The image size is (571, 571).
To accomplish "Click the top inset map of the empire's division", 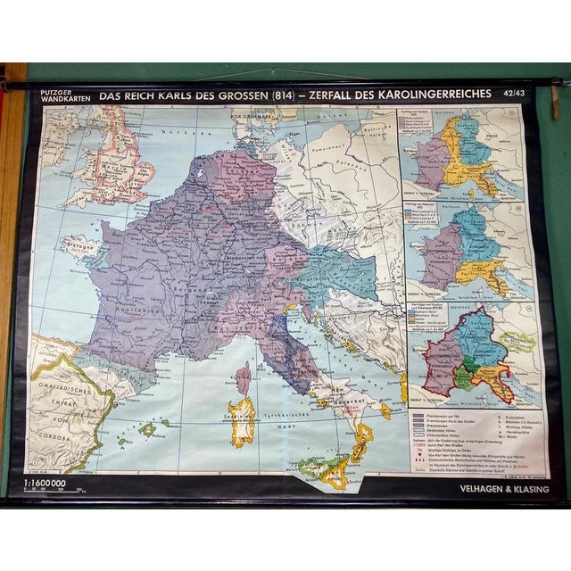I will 464,156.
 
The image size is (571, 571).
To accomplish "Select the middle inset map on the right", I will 464,254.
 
